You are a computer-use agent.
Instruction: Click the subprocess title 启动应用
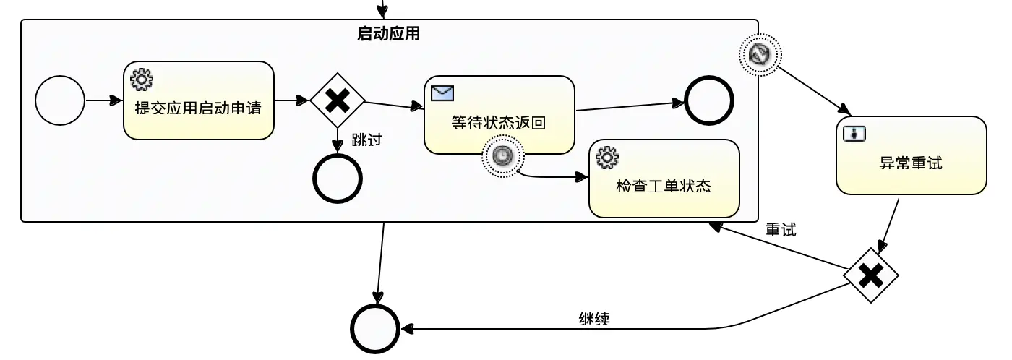click(388, 34)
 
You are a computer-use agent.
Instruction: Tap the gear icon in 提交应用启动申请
click(141, 79)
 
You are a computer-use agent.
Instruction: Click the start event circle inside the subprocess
click(60, 100)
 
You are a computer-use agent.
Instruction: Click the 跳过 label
click(366, 140)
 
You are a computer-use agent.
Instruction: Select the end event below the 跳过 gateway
click(337, 179)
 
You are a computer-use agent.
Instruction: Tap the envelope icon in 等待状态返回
click(442, 93)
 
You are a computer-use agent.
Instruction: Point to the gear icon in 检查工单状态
click(607, 156)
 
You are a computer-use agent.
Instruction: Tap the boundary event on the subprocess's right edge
click(760, 54)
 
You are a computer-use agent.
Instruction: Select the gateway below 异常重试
click(871, 275)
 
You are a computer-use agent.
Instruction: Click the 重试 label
click(781, 230)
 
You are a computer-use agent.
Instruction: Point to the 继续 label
click(593, 319)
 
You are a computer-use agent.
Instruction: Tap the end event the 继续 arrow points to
click(375, 329)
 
